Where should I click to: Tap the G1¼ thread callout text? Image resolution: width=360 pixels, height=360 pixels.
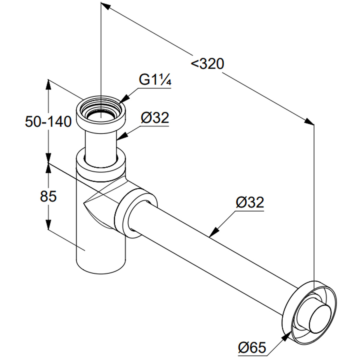tap(155, 80)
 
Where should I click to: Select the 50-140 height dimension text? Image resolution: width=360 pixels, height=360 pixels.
tap(48, 121)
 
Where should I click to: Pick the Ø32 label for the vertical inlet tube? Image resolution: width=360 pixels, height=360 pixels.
tap(155, 118)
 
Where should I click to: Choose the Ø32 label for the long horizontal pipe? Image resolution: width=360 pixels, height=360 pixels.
tap(250, 203)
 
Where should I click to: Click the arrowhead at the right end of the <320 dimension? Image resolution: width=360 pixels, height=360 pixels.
tap(309, 121)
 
